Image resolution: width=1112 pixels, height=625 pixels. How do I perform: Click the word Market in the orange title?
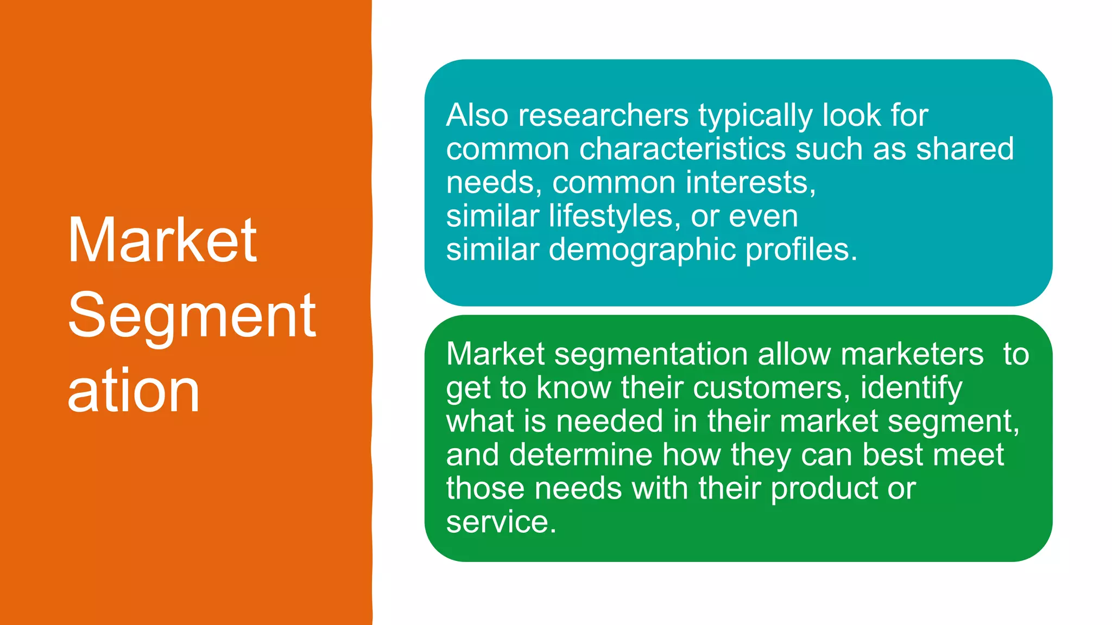pos(162,240)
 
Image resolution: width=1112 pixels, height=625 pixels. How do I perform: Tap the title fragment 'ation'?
pos(134,391)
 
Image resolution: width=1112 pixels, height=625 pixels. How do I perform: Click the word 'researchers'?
pos(603,116)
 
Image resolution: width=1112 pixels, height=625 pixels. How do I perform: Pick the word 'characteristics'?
pos(682,149)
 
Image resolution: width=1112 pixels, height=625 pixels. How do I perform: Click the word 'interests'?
pos(750,183)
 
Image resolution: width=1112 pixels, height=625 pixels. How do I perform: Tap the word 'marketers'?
pos(912,354)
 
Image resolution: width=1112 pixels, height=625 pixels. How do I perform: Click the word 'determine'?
pos(580,455)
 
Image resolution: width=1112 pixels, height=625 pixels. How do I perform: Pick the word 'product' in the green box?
pos(824,489)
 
